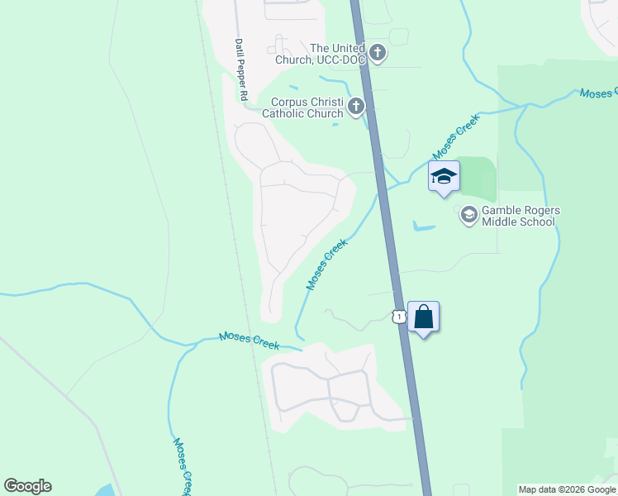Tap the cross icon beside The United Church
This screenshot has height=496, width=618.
[x=378, y=55]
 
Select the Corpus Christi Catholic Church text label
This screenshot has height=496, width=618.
[x=307, y=107]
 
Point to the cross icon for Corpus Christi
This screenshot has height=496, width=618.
[x=356, y=106]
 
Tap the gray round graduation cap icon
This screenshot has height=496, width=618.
[x=468, y=215]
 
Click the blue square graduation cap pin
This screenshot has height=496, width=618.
[x=444, y=176]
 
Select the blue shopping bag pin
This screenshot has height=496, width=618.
[x=423, y=317]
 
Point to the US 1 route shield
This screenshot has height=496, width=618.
[x=398, y=317]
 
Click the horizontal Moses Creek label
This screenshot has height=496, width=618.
[x=249, y=340]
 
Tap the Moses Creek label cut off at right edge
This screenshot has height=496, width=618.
[x=598, y=93]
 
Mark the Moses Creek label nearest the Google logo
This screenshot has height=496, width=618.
[x=183, y=464]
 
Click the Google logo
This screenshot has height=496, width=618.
[x=27, y=486]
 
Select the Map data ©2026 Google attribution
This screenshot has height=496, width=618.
[x=567, y=489]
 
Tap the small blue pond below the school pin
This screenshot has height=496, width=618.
[x=423, y=226]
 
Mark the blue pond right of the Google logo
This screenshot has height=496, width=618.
[x=105, y=490]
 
